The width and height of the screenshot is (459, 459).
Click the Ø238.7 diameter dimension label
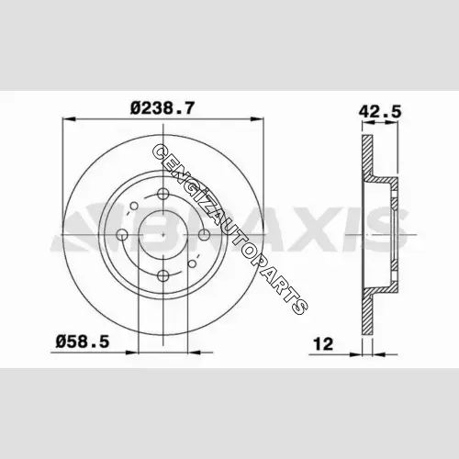pyautogui.click(x=162, y=108)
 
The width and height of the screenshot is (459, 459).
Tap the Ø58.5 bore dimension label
pyautogui.click(x=83, y=341)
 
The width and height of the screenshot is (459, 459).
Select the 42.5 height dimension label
pyautogui.click(x=380, y=112)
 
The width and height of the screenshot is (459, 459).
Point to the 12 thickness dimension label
pyautogui.click(x=323, y=344)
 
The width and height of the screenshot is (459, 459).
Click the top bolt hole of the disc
pyautogui.click(x=162, y=194)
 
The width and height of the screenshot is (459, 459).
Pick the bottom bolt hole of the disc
pyautogui.click(x=162, y=275)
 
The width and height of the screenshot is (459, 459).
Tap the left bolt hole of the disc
pyautogui.click(x=122, y=235)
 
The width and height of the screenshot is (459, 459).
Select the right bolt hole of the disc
pyautogui.click(x=204, y=235)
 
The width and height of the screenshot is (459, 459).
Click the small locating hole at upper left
pyautogui.click(x=134, y=207)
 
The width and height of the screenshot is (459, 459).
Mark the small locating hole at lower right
pyautogui.click(x=192, y=263)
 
